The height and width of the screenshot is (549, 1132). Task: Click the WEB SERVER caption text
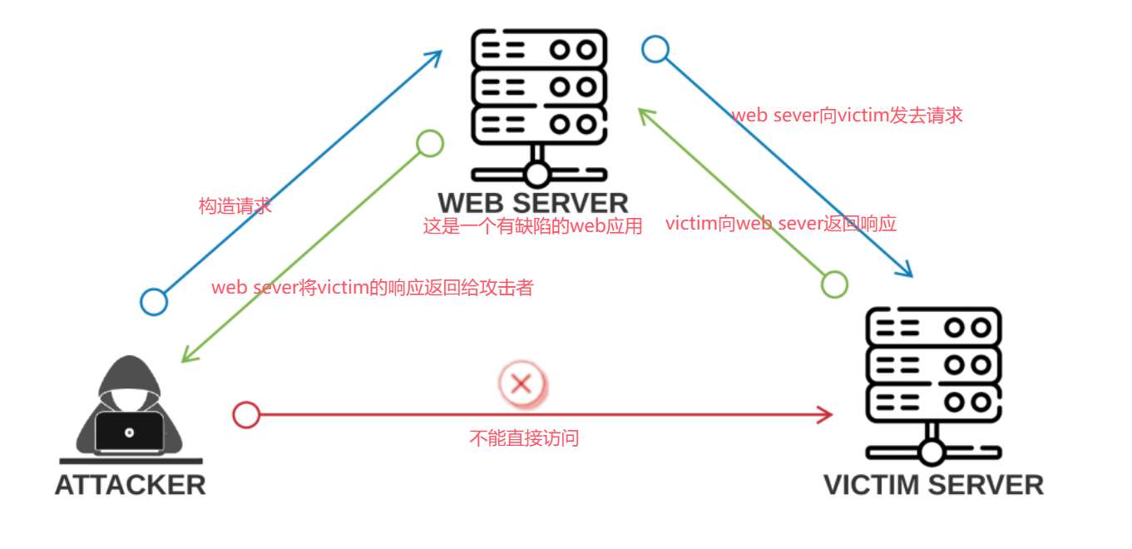tap(533, 203)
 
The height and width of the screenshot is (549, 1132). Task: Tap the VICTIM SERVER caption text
tap(933, 485)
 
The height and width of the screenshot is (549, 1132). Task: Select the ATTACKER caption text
tap(130, 485)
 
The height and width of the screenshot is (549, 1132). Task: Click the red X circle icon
tap(522, 383)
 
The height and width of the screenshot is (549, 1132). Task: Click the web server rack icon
tap(536, 104)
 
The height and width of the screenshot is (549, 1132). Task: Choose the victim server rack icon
tap(932, 383)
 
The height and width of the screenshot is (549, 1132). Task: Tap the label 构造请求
tap(235, 206)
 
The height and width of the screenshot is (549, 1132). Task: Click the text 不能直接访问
tap(524, 438)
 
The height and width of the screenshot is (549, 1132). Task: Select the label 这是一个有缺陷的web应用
tap(533, 226)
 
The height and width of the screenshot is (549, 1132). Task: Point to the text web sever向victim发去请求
tap(847, 116)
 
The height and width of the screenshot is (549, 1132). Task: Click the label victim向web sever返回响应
tap(781, 224)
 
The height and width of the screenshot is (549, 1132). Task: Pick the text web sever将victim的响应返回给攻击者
tap(372, 288)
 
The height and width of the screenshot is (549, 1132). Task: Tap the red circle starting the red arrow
tap(246, 414)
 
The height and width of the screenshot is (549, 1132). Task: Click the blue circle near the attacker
tap(154, 302)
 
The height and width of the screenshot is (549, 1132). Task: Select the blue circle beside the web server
tap(655, 49)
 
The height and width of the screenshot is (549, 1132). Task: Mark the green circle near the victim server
tap(834, 284)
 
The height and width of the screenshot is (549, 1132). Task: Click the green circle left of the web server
tap(430, 143)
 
